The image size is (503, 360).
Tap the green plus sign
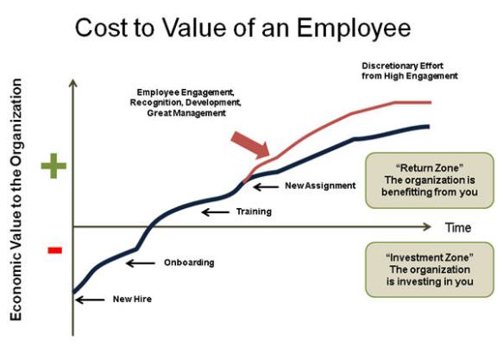(53, 166)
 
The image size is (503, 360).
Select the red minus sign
(54, 250)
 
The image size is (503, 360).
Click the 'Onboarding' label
(189, 262)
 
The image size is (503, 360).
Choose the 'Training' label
(254, 212)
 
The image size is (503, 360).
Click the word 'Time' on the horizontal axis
(457, 228)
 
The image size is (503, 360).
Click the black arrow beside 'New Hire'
(90, 300)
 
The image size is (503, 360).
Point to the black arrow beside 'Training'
(215, 212)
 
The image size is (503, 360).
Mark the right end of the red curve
(430, 102)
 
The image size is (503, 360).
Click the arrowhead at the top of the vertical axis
(73, 84)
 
